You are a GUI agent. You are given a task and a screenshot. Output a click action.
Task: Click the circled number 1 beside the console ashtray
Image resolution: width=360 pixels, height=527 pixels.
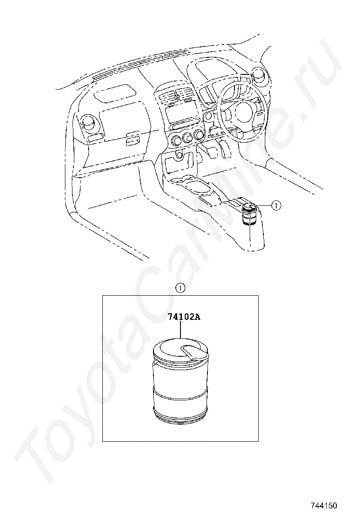(276, 205)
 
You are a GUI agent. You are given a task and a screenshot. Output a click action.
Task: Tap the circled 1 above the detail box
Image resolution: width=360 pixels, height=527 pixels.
(180, 288)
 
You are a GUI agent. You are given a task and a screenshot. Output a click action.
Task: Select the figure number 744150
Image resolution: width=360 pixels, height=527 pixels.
(324, 506)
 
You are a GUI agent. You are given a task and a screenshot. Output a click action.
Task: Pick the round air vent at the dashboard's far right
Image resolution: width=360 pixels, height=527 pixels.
(259, 75)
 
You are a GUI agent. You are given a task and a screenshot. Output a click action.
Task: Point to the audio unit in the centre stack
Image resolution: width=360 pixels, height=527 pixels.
(181, 115)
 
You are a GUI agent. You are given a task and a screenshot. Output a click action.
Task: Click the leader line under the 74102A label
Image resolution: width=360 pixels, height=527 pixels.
(180, 329)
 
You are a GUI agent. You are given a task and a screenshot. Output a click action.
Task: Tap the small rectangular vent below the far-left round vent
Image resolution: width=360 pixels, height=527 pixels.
(96, 138)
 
